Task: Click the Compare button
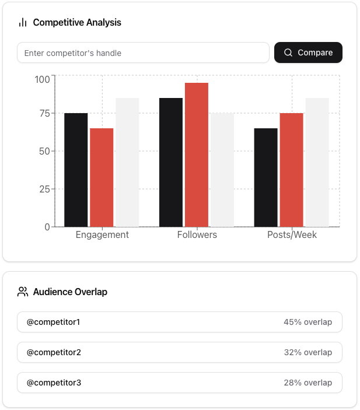tap(308, 52)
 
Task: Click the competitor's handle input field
tap(143, 52)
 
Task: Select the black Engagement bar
tap(76, 170)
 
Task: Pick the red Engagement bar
tap(102, 177)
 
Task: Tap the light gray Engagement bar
tap(127, 162)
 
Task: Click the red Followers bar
tap(197, 155)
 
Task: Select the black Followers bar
tap(171, 162)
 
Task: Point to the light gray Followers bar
tap(222, 170)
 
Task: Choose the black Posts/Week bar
tap(265, 177)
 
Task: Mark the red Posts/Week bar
tap(291, 170)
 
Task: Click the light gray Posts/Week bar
tap(317, 162)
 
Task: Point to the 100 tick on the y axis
tap(42, 79)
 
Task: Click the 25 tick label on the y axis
tap(44, 189)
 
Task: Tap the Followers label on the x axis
tap(197, 235)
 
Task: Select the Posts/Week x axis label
tap(292, 235)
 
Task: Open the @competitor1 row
tap(180, 322)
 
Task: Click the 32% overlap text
tap(307, 352)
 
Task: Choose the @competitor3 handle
tap(54, 383)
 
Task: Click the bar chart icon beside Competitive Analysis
tap(23, 23)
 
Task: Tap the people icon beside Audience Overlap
tap(23, 292)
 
